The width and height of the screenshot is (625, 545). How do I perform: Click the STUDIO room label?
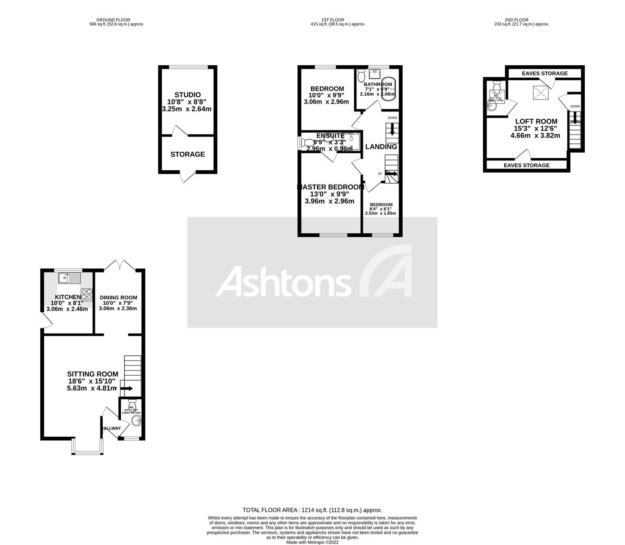point(187,95)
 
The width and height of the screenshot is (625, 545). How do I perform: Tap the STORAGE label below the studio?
point(187,154)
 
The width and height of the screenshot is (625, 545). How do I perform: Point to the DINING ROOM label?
point(118,297)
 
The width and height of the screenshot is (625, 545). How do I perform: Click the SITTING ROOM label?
point(93,374)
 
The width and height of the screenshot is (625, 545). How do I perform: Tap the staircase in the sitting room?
point(132,372)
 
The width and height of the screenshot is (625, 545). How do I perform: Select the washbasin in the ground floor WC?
point(136,421)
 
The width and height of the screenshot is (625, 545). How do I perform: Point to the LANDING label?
point(381,147)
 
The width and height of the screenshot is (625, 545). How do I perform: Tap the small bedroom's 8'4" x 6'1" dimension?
point(381,209)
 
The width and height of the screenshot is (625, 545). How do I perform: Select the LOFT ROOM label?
point(536,121)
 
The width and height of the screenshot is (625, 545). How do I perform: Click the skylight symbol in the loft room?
point(540,93)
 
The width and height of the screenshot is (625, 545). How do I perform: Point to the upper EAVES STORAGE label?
point(544,74)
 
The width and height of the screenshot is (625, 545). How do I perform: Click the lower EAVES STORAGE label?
point(526,165)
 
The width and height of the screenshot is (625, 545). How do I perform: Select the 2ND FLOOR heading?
point(516,20)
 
